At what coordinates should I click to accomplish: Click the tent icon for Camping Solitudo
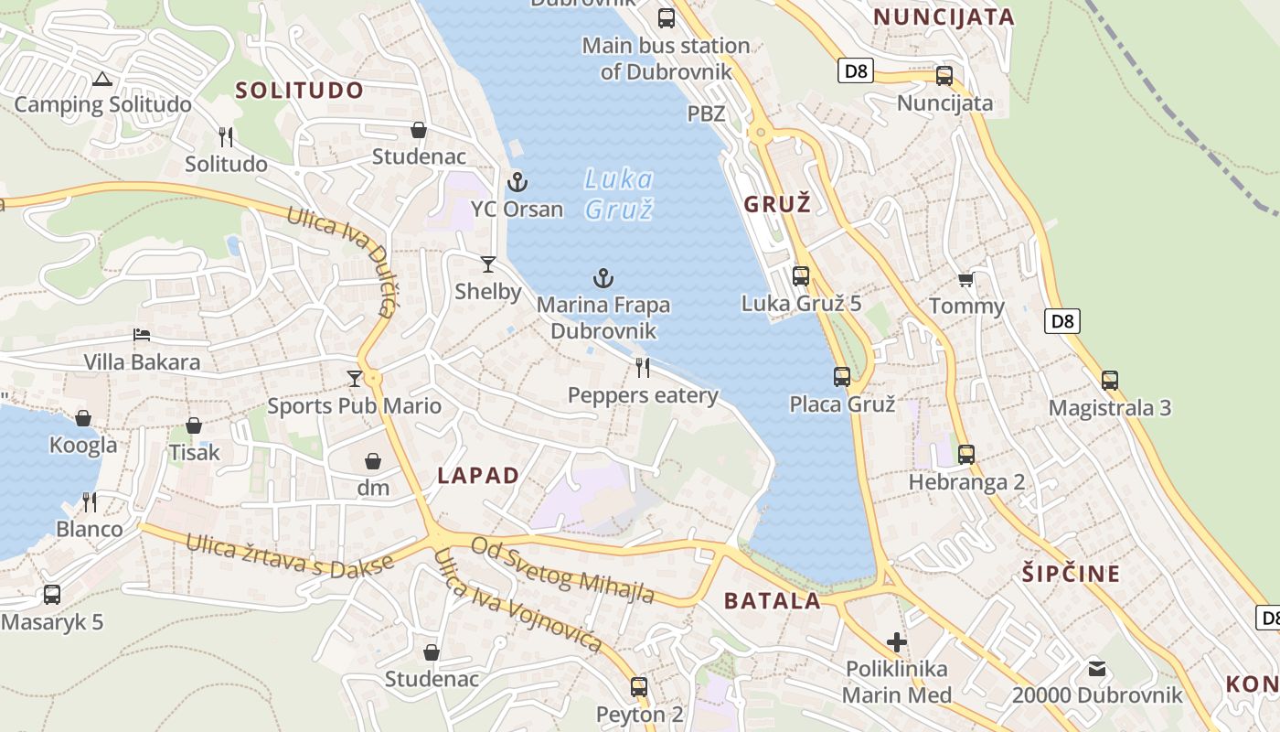[x=101, y=80]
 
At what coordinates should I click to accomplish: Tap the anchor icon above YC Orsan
[x=517, y=182]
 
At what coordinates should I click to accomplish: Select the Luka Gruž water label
[x=619, y=194]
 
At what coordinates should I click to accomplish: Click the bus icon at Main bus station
[x=667, y=17]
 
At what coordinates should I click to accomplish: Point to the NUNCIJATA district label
[x=944, y=16]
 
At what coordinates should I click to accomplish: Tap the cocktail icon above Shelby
[x=488, y=264]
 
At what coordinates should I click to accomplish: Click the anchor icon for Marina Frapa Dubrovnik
[x=603, y=278]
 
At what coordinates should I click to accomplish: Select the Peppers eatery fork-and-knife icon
[x=643, y=368]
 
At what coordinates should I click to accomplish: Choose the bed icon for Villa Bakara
[x=142, y=335]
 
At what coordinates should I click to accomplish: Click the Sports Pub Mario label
[x=354, y=406]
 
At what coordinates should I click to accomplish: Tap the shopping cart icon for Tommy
[x=965, y=279]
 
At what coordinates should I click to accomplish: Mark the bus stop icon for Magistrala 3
[x=1110, y=380]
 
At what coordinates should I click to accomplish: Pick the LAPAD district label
[x=478, y=476]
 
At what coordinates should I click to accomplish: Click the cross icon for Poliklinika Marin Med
[x=897, y=642]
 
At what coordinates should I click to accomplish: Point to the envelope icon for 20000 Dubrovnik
[x=1097, y=669]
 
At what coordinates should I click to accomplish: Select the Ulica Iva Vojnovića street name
[x=518, y=601]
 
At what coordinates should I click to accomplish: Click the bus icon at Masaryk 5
[x=52, y=595]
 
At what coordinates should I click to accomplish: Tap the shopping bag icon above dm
[x=373, y=460]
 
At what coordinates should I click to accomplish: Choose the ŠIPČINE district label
[x=1071, y=574]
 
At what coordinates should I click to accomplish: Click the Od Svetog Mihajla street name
[x=562, y=570]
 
